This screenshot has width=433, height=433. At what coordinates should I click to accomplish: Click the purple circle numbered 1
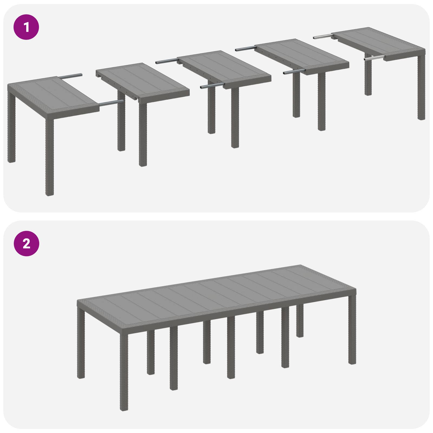point(26,27)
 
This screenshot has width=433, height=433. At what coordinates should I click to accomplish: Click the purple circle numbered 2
point(26,244)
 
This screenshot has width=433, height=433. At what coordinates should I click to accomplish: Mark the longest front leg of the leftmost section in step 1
point(49,157)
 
